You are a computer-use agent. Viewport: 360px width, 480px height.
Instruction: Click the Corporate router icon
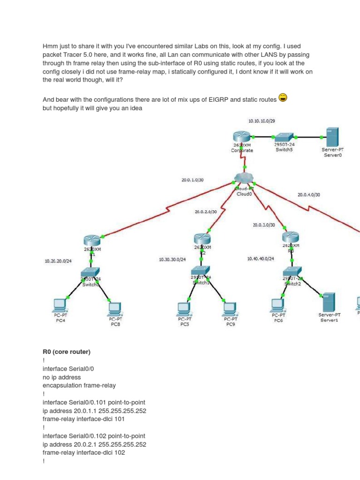(x=242, y=137)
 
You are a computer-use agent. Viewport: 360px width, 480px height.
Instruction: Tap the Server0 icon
(x=332, y=137)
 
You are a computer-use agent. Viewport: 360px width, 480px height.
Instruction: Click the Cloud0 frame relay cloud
(x=244, y=179)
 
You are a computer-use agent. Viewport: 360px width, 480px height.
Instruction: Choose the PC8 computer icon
(x=114, y=308)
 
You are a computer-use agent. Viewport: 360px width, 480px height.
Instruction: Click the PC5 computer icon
(x=184, y=307)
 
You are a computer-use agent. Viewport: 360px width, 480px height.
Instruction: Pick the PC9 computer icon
(x=229, y=307)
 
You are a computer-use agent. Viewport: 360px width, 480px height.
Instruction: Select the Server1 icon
(x=329, y=302)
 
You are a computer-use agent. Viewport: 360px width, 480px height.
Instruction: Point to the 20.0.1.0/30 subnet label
(x=192, y=179)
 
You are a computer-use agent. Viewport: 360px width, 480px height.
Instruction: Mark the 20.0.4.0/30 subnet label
(x=308, y=195)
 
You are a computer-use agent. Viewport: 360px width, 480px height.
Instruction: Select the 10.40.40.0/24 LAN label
(x=261, y=258)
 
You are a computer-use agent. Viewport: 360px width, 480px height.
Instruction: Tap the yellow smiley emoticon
(x=283, y=97)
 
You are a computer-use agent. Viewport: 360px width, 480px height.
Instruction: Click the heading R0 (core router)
(x=66, y=352)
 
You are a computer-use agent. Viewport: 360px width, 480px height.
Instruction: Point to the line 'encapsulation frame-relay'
(x=79, y=385)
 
